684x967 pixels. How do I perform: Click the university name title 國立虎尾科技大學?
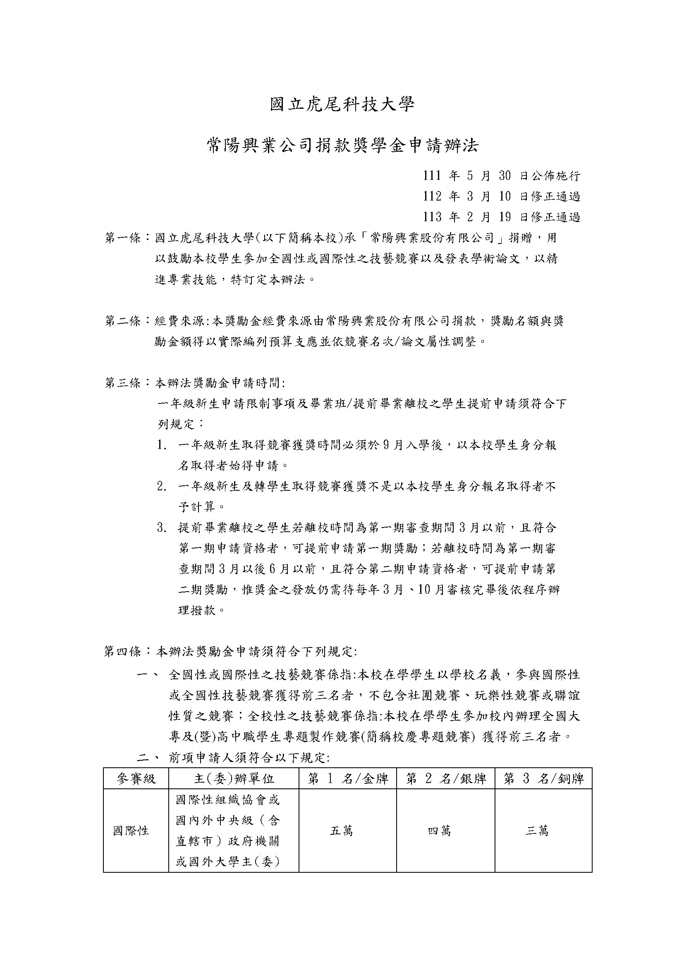coord(342,105)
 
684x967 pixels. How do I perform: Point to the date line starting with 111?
coord(501,176)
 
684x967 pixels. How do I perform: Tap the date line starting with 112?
coord(501,196)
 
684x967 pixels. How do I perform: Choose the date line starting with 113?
coord(501,217)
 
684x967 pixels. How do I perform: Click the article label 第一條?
coord(122,238)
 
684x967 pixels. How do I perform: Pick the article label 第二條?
coord(122,321)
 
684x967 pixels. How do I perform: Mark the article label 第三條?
coord(122,383)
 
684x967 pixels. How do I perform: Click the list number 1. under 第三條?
coord(163,445)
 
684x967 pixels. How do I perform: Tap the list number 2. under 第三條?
coord(163,487)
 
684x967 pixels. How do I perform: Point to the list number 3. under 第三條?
coord(163,528)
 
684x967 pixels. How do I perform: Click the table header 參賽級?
coord(136,779)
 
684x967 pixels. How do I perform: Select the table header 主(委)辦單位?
coord(234,779)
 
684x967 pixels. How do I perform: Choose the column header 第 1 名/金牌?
coord(348,779)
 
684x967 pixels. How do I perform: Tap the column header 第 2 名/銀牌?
coord(446,779)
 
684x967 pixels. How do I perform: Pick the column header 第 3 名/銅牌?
coord(544,779)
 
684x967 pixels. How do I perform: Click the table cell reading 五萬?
coord(342,831)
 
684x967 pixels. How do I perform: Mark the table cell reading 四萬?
coord(439,831)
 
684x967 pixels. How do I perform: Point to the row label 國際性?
coord(131,831)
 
